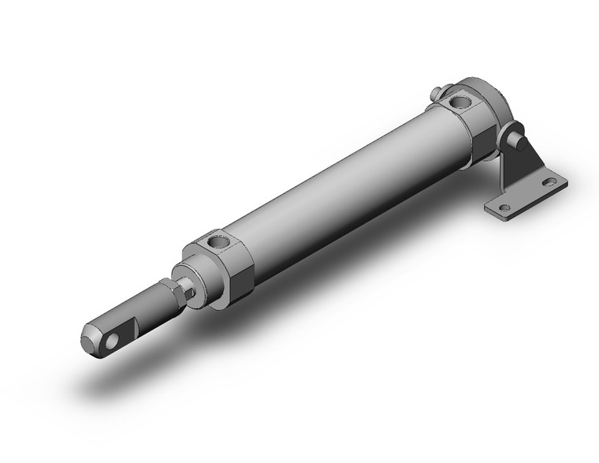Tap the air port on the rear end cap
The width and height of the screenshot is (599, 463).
[458, 101]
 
